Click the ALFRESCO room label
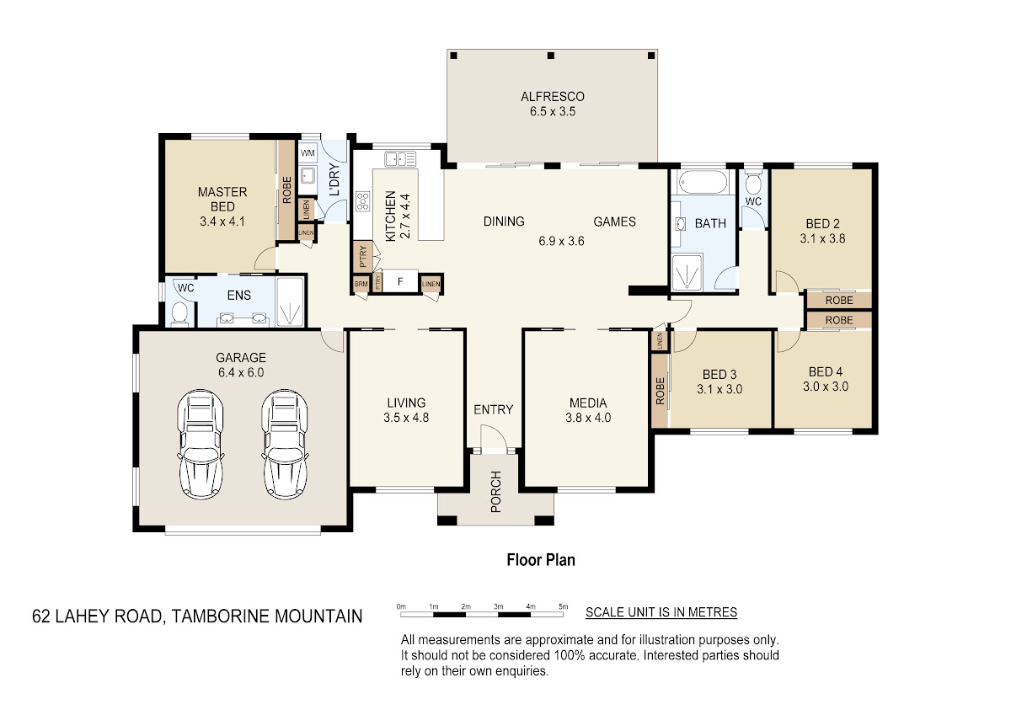pyautogui.click(x=553, y=97)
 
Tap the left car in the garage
pyautogui.click(x=201, y=444)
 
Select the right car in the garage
pyautogui.click(x=285, y=444)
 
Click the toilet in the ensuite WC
pyautogui.click(x=179, y=313)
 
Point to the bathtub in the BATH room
pyautogui.click(x=703, y=182)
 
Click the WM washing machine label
pyautogui.click(x=308, y=153)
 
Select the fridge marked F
pyautogui.click(x=400, y=282)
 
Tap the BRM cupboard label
pyautogui.click(x=361, y=284)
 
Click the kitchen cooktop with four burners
pyautogui.click(x=363, y=201)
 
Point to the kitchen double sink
pyautogui.click(x=400, y=159)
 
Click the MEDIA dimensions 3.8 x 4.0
pyautogui.click(x=588, y=418)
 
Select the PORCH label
pyautogui.click(x=495, y=492)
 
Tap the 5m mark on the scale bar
pyautogui.click(x=564, y=607)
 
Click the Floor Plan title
pyautogui.click(x=541, y=560)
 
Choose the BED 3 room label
pyautogui.click(x=719, y=375)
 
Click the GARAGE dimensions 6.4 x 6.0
pyautogui.click(x=241, y=372)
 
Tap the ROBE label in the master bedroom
pyautogui.click(x=287, y=189)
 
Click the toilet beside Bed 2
pyautogui.click(x=753, y=183)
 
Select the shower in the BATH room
pyautogui.click(x=687, y=272)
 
